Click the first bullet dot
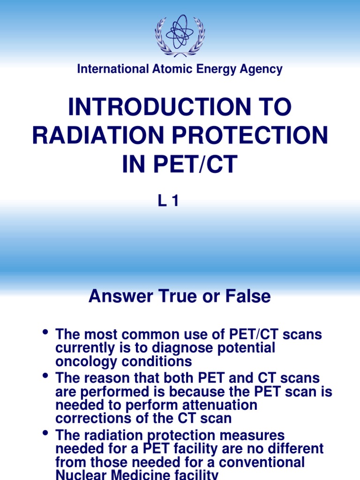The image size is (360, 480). point(45,333)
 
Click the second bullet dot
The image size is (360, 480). point(45,376)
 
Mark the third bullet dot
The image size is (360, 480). point(45,433)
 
